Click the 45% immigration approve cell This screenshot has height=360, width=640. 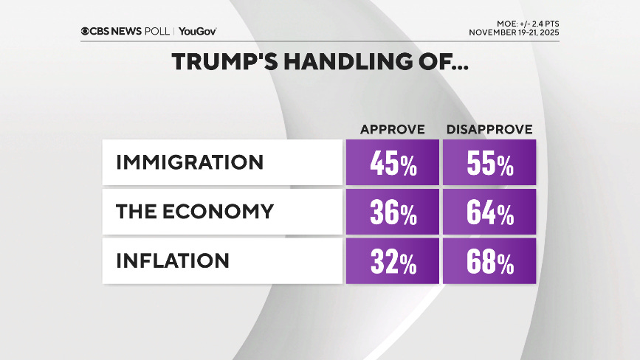click(x=392, y=162)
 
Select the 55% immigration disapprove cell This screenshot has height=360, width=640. click(x=489, y=162)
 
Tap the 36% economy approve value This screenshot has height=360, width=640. click(x=392, y=212)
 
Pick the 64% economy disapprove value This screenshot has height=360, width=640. click(x=489, y=212)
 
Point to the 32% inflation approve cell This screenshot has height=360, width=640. click(x=392, y=261)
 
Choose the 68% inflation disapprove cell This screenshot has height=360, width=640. click(x=489, y=261)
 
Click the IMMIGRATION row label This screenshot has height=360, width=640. click(x=189, y=162)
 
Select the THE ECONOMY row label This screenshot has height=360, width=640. click(x=194, y=212)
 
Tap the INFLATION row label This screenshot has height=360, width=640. click(x=172, y=261)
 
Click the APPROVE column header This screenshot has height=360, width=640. click(x=392, y=130)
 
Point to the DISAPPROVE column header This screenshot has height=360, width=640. click(x=489, y=130)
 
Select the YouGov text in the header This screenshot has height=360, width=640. click(x=197, y=31)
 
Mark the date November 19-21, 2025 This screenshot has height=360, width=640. click(x=514, y=33)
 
